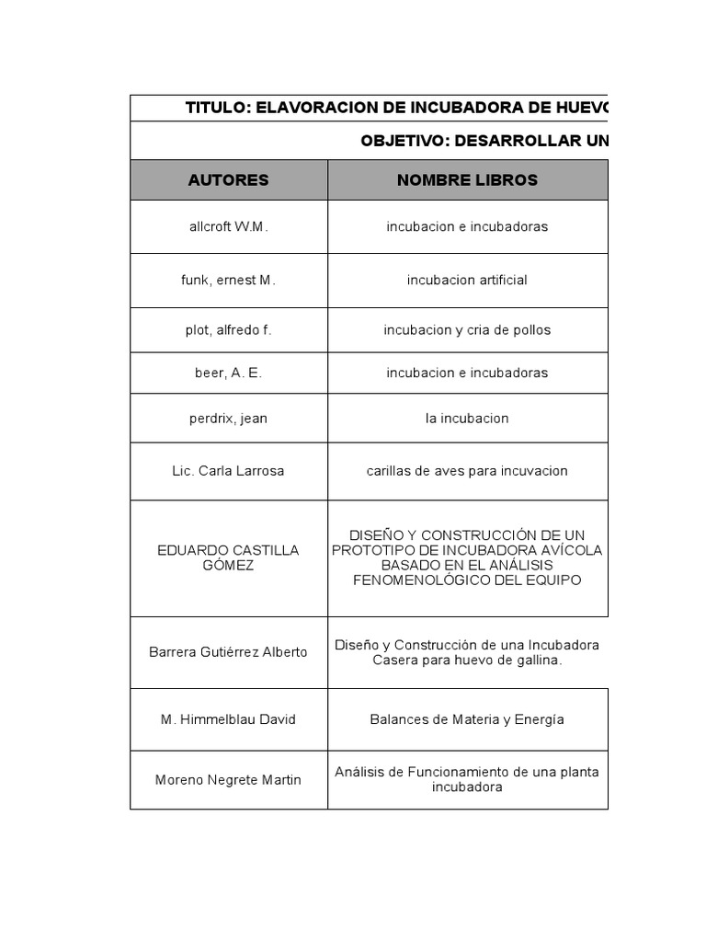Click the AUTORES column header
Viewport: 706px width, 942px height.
click(x=228, y=180)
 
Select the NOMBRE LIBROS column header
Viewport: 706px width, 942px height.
click(x=467, y=180)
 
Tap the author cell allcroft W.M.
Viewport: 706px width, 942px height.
click(x=228, y=227)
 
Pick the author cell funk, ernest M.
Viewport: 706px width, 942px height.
click(x=228, y=281)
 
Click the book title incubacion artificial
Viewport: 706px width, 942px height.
click(x=467, y=281)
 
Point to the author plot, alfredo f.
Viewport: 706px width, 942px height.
click(x=228, y=330)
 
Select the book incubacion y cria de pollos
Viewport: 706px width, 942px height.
click(x=467, y=330)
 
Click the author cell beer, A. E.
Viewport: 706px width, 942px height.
click(x=228, y=373)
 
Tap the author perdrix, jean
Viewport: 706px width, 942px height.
click(x=228, y=419)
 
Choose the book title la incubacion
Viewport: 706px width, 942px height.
click(x=467, y=419)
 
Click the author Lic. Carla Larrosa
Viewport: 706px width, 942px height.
click(x=228, y=471)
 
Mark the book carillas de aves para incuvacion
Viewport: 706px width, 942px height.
click(x=467, y=471)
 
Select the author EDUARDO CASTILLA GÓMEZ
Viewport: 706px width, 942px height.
click(x=228, y=557)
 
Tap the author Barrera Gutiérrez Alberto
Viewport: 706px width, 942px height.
click(x=228, y=652)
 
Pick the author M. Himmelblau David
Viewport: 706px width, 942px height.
click(x=228, y=719)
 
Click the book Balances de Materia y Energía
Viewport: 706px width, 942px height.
click(x=467, y=719)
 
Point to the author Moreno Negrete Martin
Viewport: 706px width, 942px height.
click(x=228, y=780)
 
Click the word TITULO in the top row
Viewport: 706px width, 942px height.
click(x=217, y=108)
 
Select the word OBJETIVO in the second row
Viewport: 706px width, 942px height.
click(x=405, y=141)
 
